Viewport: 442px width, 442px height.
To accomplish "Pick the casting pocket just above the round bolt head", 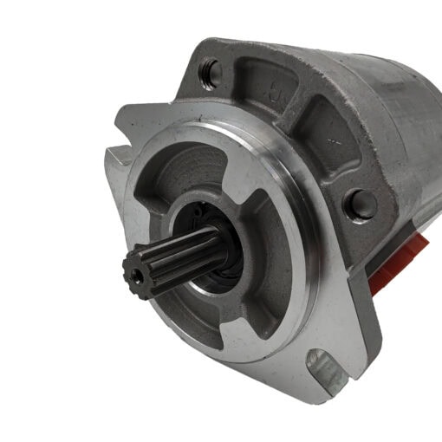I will pos(334,147).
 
